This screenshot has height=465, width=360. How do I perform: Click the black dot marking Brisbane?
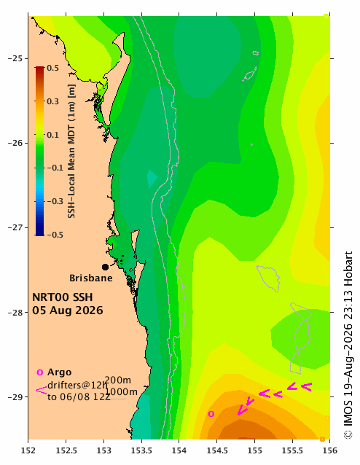click(x=105, y=267)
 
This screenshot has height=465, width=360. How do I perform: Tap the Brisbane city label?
click(x=91, y=278)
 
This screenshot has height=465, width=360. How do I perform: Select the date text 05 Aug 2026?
click(x=68, y=310)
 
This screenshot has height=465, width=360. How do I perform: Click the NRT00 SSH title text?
click(x=62, y=297)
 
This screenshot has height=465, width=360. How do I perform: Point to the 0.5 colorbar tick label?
click(x=52, y=68)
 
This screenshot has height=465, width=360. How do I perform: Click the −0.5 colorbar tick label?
click(x=55, y=235)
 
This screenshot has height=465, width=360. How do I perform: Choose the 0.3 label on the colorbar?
click(x=52, y=101)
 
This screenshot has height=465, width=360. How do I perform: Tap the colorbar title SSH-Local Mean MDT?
click(x=71, y=152)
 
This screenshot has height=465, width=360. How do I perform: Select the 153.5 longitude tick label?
click(x=141, y=450)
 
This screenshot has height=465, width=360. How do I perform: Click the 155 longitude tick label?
click(x=255, y=450)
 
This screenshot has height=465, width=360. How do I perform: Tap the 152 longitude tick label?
click(x=28, y=450)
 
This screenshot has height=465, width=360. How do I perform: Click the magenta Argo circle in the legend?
click(x=40, y=372)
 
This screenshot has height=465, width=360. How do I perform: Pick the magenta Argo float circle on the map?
click(x=211, y=414)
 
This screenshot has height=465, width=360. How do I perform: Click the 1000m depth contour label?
click(x=121, y=391)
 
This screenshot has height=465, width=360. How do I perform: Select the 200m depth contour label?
click(x=117, y=380)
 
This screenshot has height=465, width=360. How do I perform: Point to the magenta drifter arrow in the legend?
click(x=42, y=390)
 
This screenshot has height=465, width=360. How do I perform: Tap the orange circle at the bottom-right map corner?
click(x=322, y=439)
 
